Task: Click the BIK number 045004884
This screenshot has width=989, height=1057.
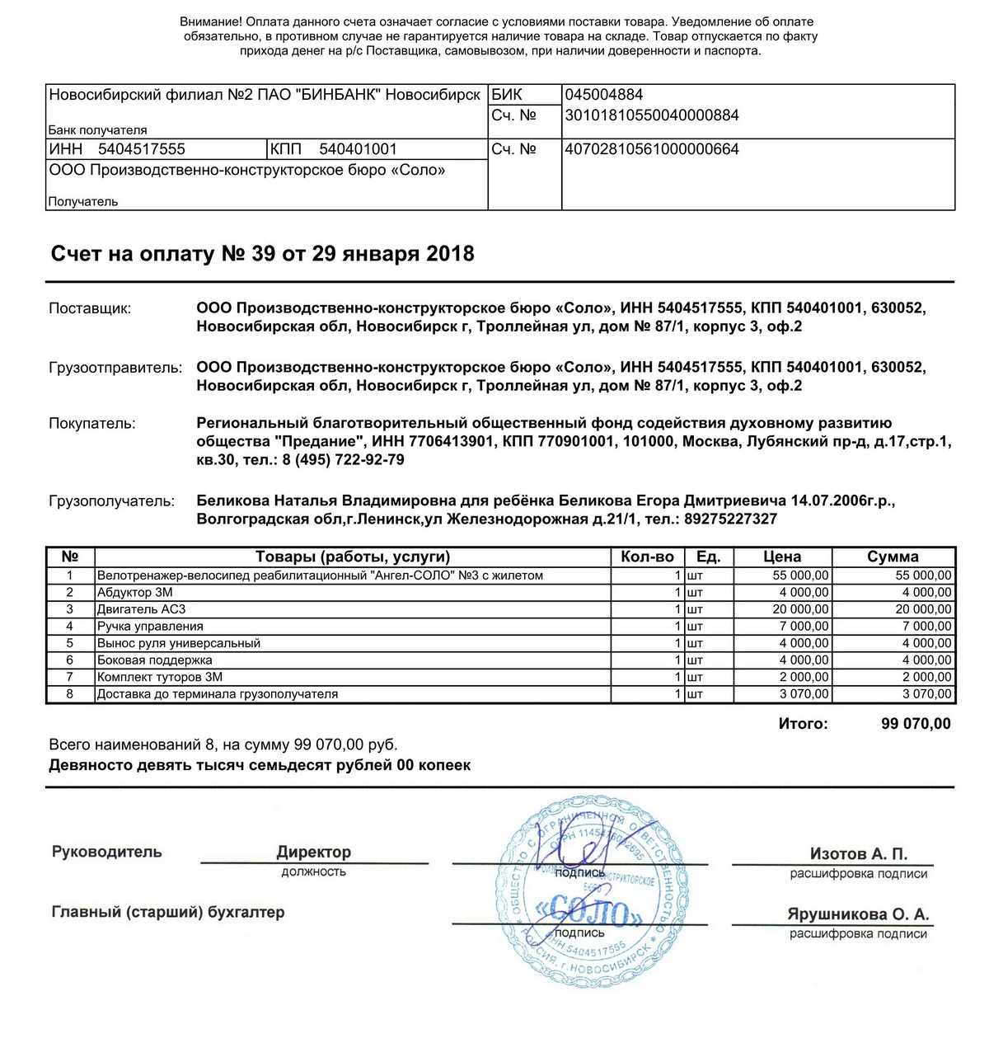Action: point(604,95)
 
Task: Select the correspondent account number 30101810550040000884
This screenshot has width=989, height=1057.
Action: point(652,115)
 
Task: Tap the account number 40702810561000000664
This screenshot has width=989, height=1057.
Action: point(652,149)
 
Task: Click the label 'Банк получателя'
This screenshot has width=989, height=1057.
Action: point(97,130)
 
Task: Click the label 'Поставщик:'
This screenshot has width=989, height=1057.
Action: point(90,308)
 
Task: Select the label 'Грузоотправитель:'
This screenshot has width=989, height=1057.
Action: point(115,368)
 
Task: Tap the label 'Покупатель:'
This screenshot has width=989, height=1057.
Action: point(92,424)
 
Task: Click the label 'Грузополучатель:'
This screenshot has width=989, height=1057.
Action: point(112,501)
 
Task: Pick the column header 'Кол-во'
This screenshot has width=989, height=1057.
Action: point(647,557)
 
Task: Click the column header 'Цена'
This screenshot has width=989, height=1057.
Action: point(782,557)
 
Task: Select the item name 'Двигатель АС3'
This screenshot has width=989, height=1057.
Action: point(142,609)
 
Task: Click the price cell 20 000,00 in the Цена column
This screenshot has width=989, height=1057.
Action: point(800,609)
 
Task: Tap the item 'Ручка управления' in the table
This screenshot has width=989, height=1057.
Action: point(150,627)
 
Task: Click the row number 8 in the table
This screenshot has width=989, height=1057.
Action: point(70,694)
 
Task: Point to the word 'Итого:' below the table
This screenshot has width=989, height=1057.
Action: point(803,724)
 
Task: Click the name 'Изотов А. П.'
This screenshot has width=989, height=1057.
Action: point(858,854)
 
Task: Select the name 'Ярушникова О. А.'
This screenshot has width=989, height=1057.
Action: point(858,914)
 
